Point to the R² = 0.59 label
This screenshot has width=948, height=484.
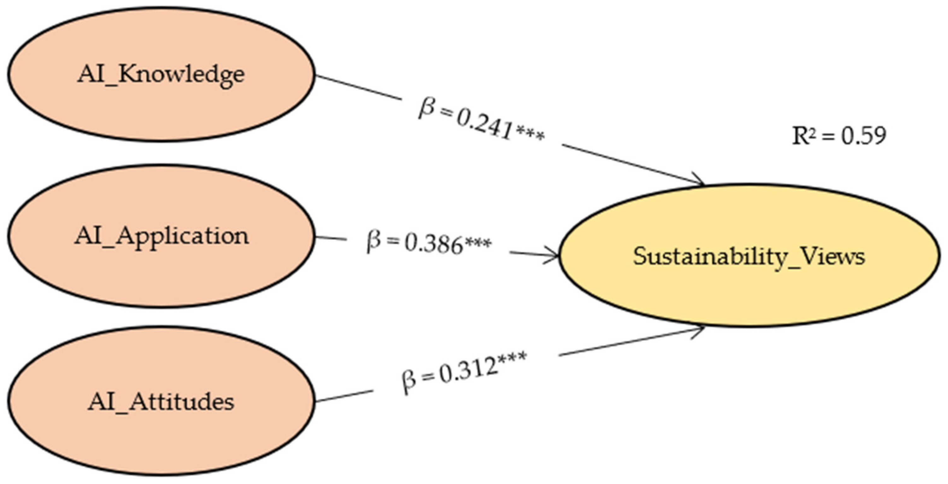(x=839, y=136)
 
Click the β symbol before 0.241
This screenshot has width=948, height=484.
(x=426, y=110)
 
